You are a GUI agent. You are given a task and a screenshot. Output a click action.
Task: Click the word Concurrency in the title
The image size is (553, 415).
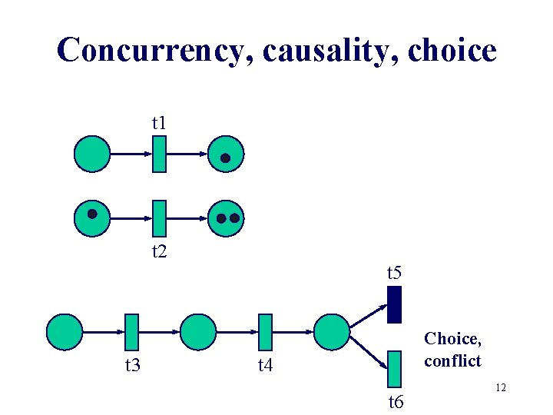(154, 51)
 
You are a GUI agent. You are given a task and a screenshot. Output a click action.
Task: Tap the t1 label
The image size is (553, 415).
(160, 122)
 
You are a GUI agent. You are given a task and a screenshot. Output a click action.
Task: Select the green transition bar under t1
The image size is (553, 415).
(160, 154)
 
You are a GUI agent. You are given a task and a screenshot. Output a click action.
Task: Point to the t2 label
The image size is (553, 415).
(160, 251)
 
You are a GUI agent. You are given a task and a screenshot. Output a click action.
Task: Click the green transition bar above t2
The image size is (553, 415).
(160, 218)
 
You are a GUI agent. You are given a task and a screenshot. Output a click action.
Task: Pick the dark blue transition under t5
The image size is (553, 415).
(394, 304)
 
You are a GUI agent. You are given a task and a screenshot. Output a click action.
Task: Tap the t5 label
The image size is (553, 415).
(394, 272)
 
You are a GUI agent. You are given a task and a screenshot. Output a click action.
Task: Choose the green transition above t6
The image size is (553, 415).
(394, 368)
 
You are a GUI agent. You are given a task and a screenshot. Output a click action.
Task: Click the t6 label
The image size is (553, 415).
(396, 401)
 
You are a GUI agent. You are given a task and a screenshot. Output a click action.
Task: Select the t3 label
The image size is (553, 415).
(132, 364)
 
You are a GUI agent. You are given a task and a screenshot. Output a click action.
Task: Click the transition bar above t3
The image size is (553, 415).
(131, 332)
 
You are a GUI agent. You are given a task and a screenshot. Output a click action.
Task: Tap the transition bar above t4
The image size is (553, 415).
(265, 332)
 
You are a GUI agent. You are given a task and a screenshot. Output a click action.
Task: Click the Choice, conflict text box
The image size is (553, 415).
(452, 349)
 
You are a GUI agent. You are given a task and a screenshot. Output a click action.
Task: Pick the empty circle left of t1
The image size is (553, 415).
(92, 154)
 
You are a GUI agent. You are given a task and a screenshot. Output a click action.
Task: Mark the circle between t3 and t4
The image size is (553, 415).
(198, 332)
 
